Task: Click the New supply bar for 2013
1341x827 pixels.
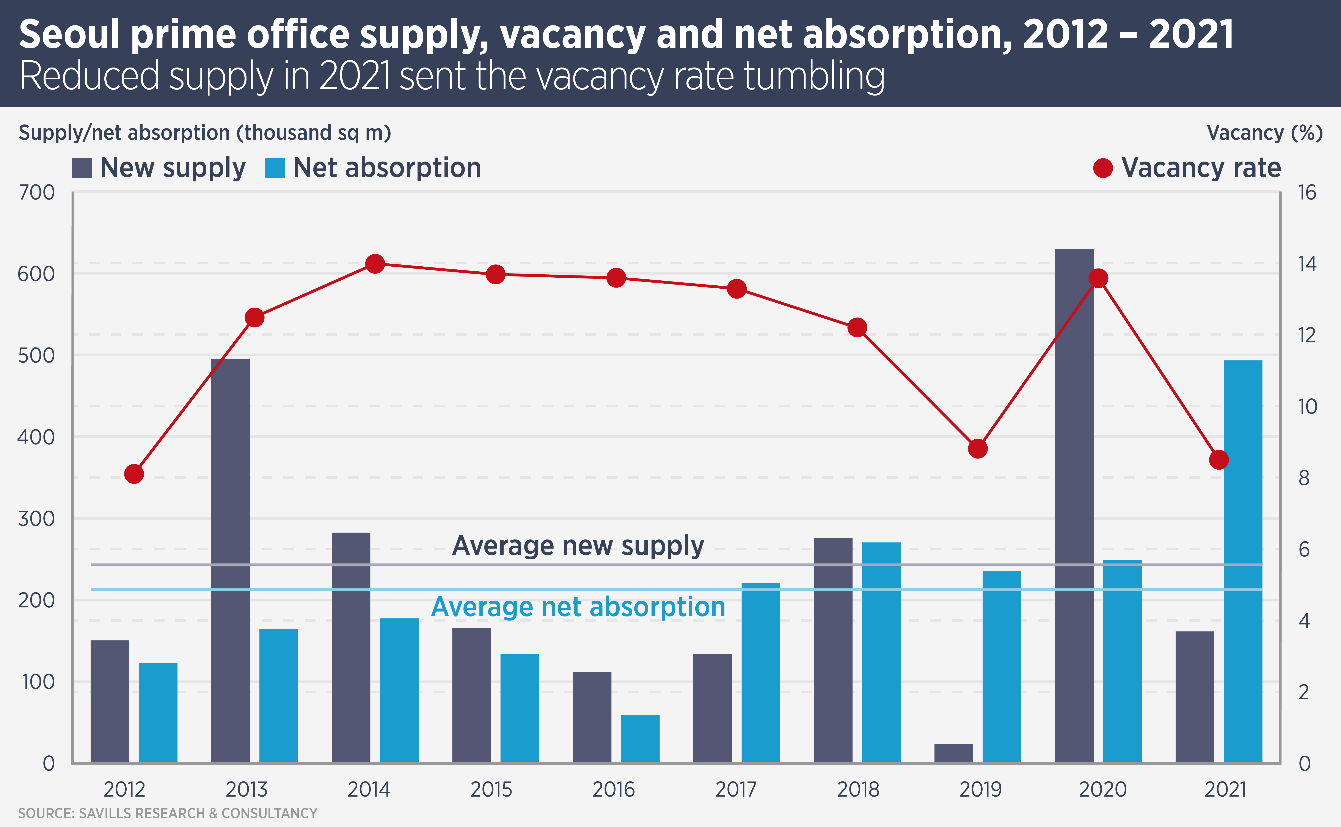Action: click(230, 561)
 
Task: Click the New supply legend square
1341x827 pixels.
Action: click(82, 168)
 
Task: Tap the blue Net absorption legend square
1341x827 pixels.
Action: click(275, 168)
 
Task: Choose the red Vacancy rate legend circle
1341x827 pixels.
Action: click(1102, 168)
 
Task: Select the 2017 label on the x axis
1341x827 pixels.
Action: click(736, 789)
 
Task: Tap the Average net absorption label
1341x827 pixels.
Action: click(578, 607)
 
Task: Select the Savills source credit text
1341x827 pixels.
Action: click(167, 813)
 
